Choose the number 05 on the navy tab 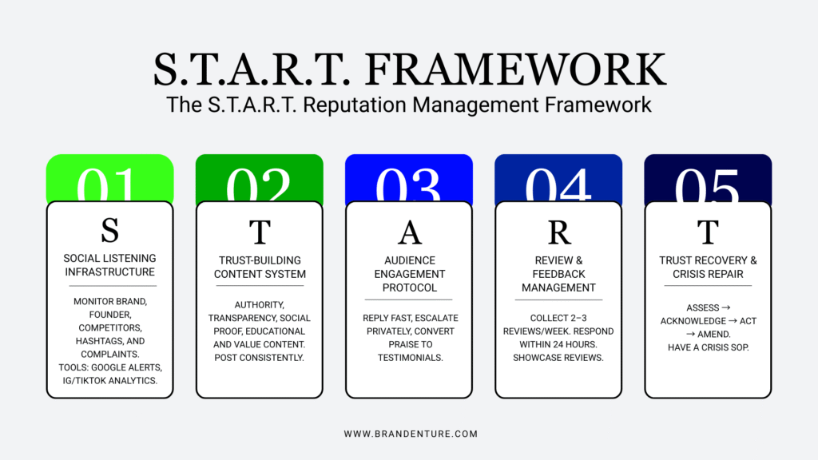click(x=708, y=185)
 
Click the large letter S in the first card click(x=110, y=231)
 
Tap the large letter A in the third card click(x=409, y=231)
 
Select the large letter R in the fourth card click(x=559, y=231)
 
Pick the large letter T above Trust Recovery click(x=708, y=231)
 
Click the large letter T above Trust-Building click(x=260, y=231)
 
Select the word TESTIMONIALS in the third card click(x=409, y=357)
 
